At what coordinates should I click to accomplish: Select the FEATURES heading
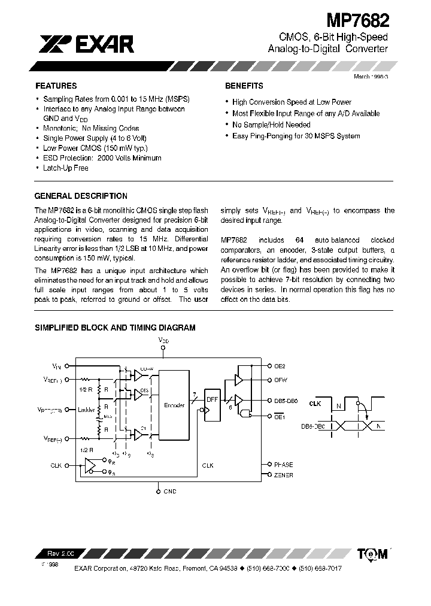point(56,86)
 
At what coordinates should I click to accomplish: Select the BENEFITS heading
point(244,86)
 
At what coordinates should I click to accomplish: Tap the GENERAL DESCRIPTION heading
point(81,196)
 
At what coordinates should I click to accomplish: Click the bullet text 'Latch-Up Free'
point(65,168)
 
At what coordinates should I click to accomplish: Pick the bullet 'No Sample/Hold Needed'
point(271,125)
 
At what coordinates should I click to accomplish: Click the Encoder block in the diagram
point(174,405)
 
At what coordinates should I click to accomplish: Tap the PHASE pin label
point(284,464)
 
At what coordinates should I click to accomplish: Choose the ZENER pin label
point(284,475)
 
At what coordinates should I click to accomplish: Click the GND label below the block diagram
point(169,491)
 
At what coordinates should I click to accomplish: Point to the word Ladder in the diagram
point(87,410)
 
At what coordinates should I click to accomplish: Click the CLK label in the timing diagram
point(315,404)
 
